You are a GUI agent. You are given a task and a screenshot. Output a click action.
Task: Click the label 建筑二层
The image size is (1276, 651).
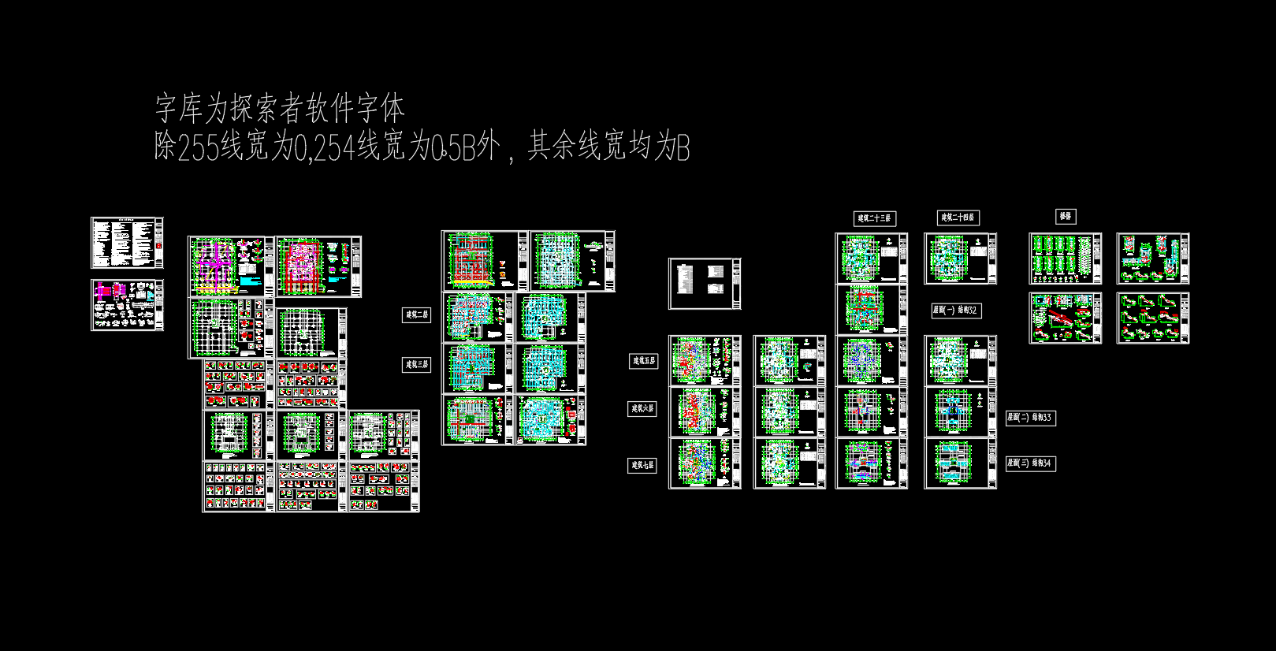(416, 315)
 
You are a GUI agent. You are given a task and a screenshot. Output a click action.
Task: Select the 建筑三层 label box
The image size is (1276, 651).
(416, 365)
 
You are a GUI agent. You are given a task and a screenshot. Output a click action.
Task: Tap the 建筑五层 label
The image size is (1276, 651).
(643, 361)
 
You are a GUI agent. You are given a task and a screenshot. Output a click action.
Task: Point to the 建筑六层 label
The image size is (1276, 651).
(642, 409)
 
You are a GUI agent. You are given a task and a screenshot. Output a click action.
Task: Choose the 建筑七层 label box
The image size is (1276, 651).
(642, 466)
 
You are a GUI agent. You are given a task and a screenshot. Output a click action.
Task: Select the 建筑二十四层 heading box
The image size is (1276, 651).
(958, 218)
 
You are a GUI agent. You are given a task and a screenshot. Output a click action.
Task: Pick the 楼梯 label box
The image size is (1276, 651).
(1066, 216)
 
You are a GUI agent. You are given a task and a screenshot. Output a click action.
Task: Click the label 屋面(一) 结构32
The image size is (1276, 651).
(955, 311)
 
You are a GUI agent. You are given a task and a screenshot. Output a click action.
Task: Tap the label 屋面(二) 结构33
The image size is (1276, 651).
(1030, 418)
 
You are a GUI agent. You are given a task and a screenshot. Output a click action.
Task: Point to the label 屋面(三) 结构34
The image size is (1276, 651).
(1030, 463)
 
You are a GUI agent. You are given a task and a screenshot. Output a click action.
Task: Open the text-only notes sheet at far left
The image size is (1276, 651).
(127, 244)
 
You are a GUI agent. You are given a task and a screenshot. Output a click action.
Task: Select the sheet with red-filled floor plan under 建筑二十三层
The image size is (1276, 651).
(871, 310)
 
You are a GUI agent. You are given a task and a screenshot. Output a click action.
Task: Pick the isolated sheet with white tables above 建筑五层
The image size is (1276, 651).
(705, 284)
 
